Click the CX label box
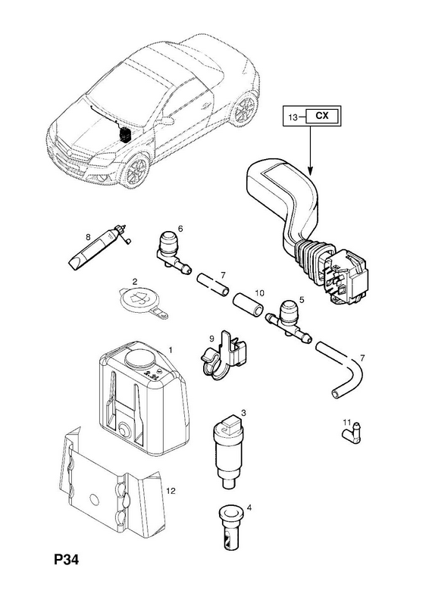322,116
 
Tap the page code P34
66,559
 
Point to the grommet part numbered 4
229,528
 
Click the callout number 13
293,117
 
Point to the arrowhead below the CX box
310,169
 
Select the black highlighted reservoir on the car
124,135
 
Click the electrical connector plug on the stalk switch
347,276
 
